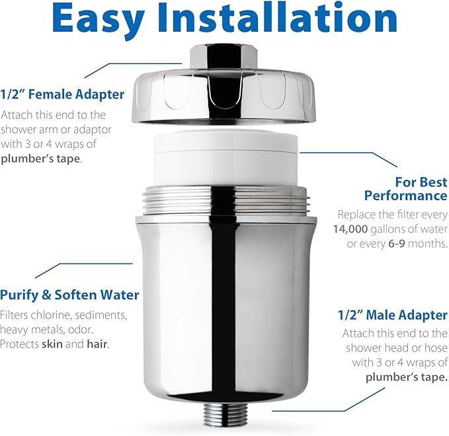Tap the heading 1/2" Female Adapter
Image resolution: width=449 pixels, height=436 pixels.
pyautogui.click(x=62, y=94)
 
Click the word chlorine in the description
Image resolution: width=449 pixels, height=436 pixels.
pyautogui.click(x=52, y=315)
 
